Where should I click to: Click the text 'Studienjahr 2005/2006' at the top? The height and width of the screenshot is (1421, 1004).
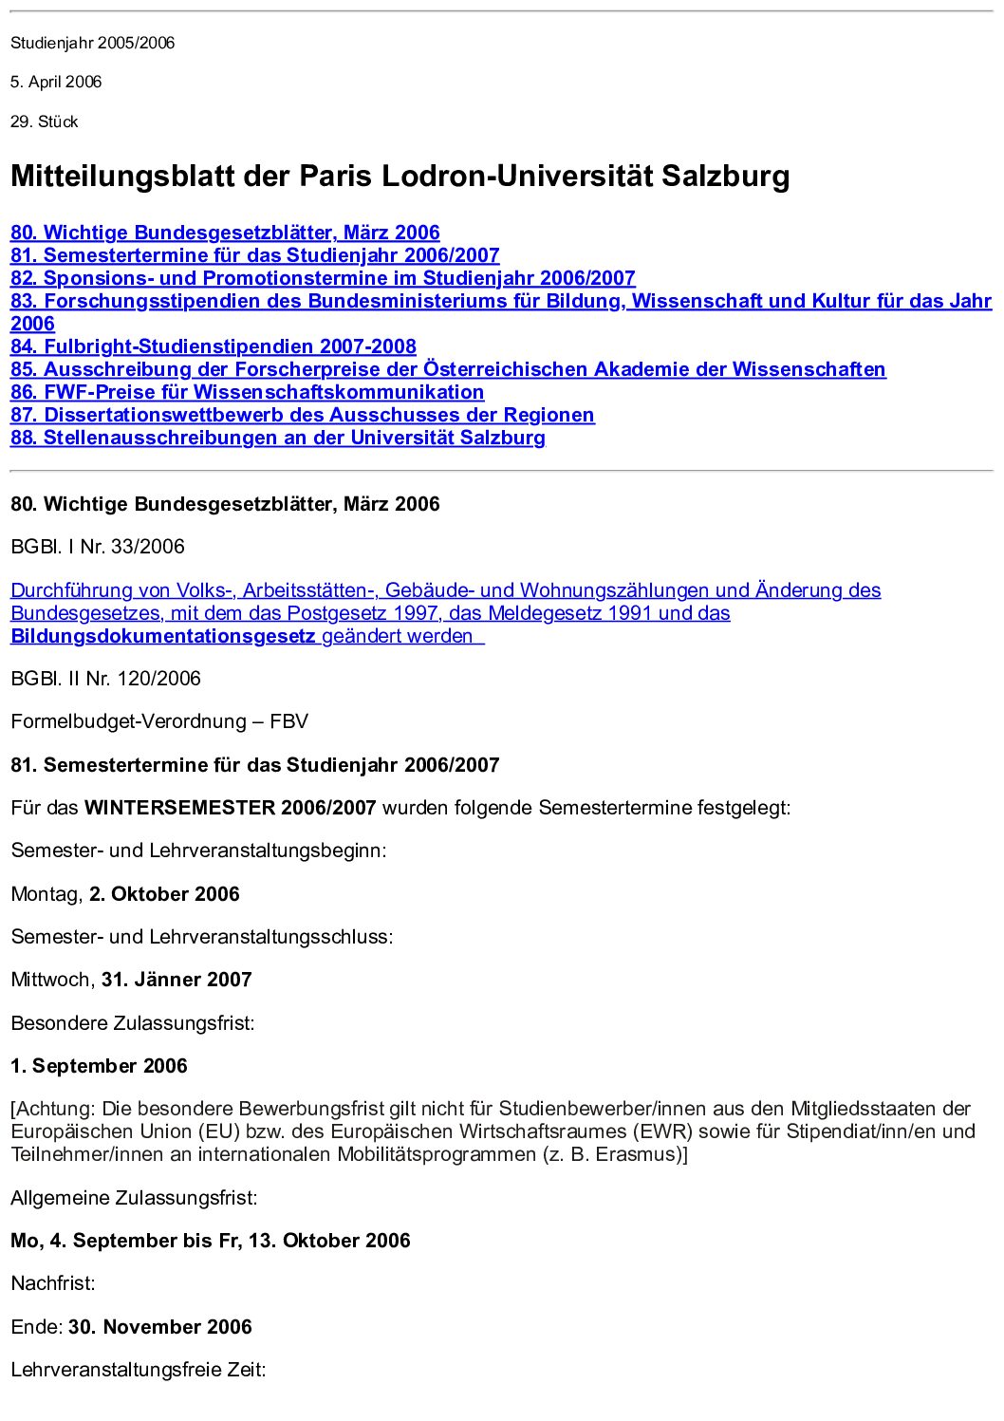tap(93, 43)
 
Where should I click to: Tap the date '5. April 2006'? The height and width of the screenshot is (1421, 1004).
tap(56, 82)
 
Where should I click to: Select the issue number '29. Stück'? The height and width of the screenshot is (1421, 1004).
tap(45, 122)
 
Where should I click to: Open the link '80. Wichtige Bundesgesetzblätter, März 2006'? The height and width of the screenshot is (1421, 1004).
tap(225, 233)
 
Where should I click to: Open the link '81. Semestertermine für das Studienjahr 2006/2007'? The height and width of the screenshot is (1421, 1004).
tap(254, 255)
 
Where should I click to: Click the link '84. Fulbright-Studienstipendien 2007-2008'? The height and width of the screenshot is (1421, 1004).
tap(214, 346)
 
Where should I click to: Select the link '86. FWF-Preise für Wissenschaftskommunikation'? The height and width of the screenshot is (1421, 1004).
tap(247, 392)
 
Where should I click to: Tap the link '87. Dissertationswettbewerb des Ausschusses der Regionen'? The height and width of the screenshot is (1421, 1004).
tap(302, 415)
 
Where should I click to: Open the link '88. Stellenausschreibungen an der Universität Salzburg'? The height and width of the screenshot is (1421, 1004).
tap(277, 438)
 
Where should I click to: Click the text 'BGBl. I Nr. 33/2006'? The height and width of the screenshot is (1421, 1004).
tap(98, 547)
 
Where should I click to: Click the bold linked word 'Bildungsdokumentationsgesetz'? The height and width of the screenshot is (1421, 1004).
tap(162, 636)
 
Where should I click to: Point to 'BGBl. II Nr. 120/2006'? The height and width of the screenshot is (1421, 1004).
tap(106, 679)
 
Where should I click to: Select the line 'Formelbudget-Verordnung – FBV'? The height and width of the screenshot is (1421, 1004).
tap(159, 721)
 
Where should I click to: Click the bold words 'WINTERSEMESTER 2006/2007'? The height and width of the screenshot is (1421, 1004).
tap(231, 808)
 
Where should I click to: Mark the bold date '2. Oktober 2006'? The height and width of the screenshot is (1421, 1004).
tap(164, 894)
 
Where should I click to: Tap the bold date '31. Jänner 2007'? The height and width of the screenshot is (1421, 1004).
tap(177, 980)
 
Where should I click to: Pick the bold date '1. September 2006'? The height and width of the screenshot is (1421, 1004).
tap(100, 1066)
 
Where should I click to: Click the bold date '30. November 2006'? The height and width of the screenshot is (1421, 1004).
tap(160, 1327)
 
